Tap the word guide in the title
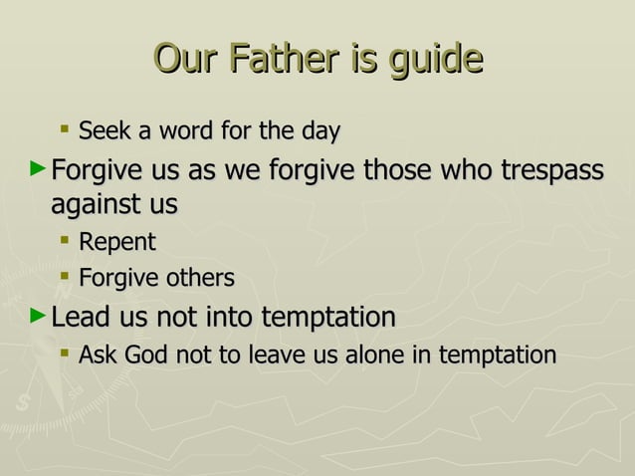pos(435,61)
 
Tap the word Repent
pos(116,242)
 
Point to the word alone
pos(379,355)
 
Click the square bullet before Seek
pos(65,129)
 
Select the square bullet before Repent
pos(65,241)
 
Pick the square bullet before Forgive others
pos(65,277)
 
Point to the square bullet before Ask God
pos(65,354)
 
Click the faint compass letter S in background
pos(22,403)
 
